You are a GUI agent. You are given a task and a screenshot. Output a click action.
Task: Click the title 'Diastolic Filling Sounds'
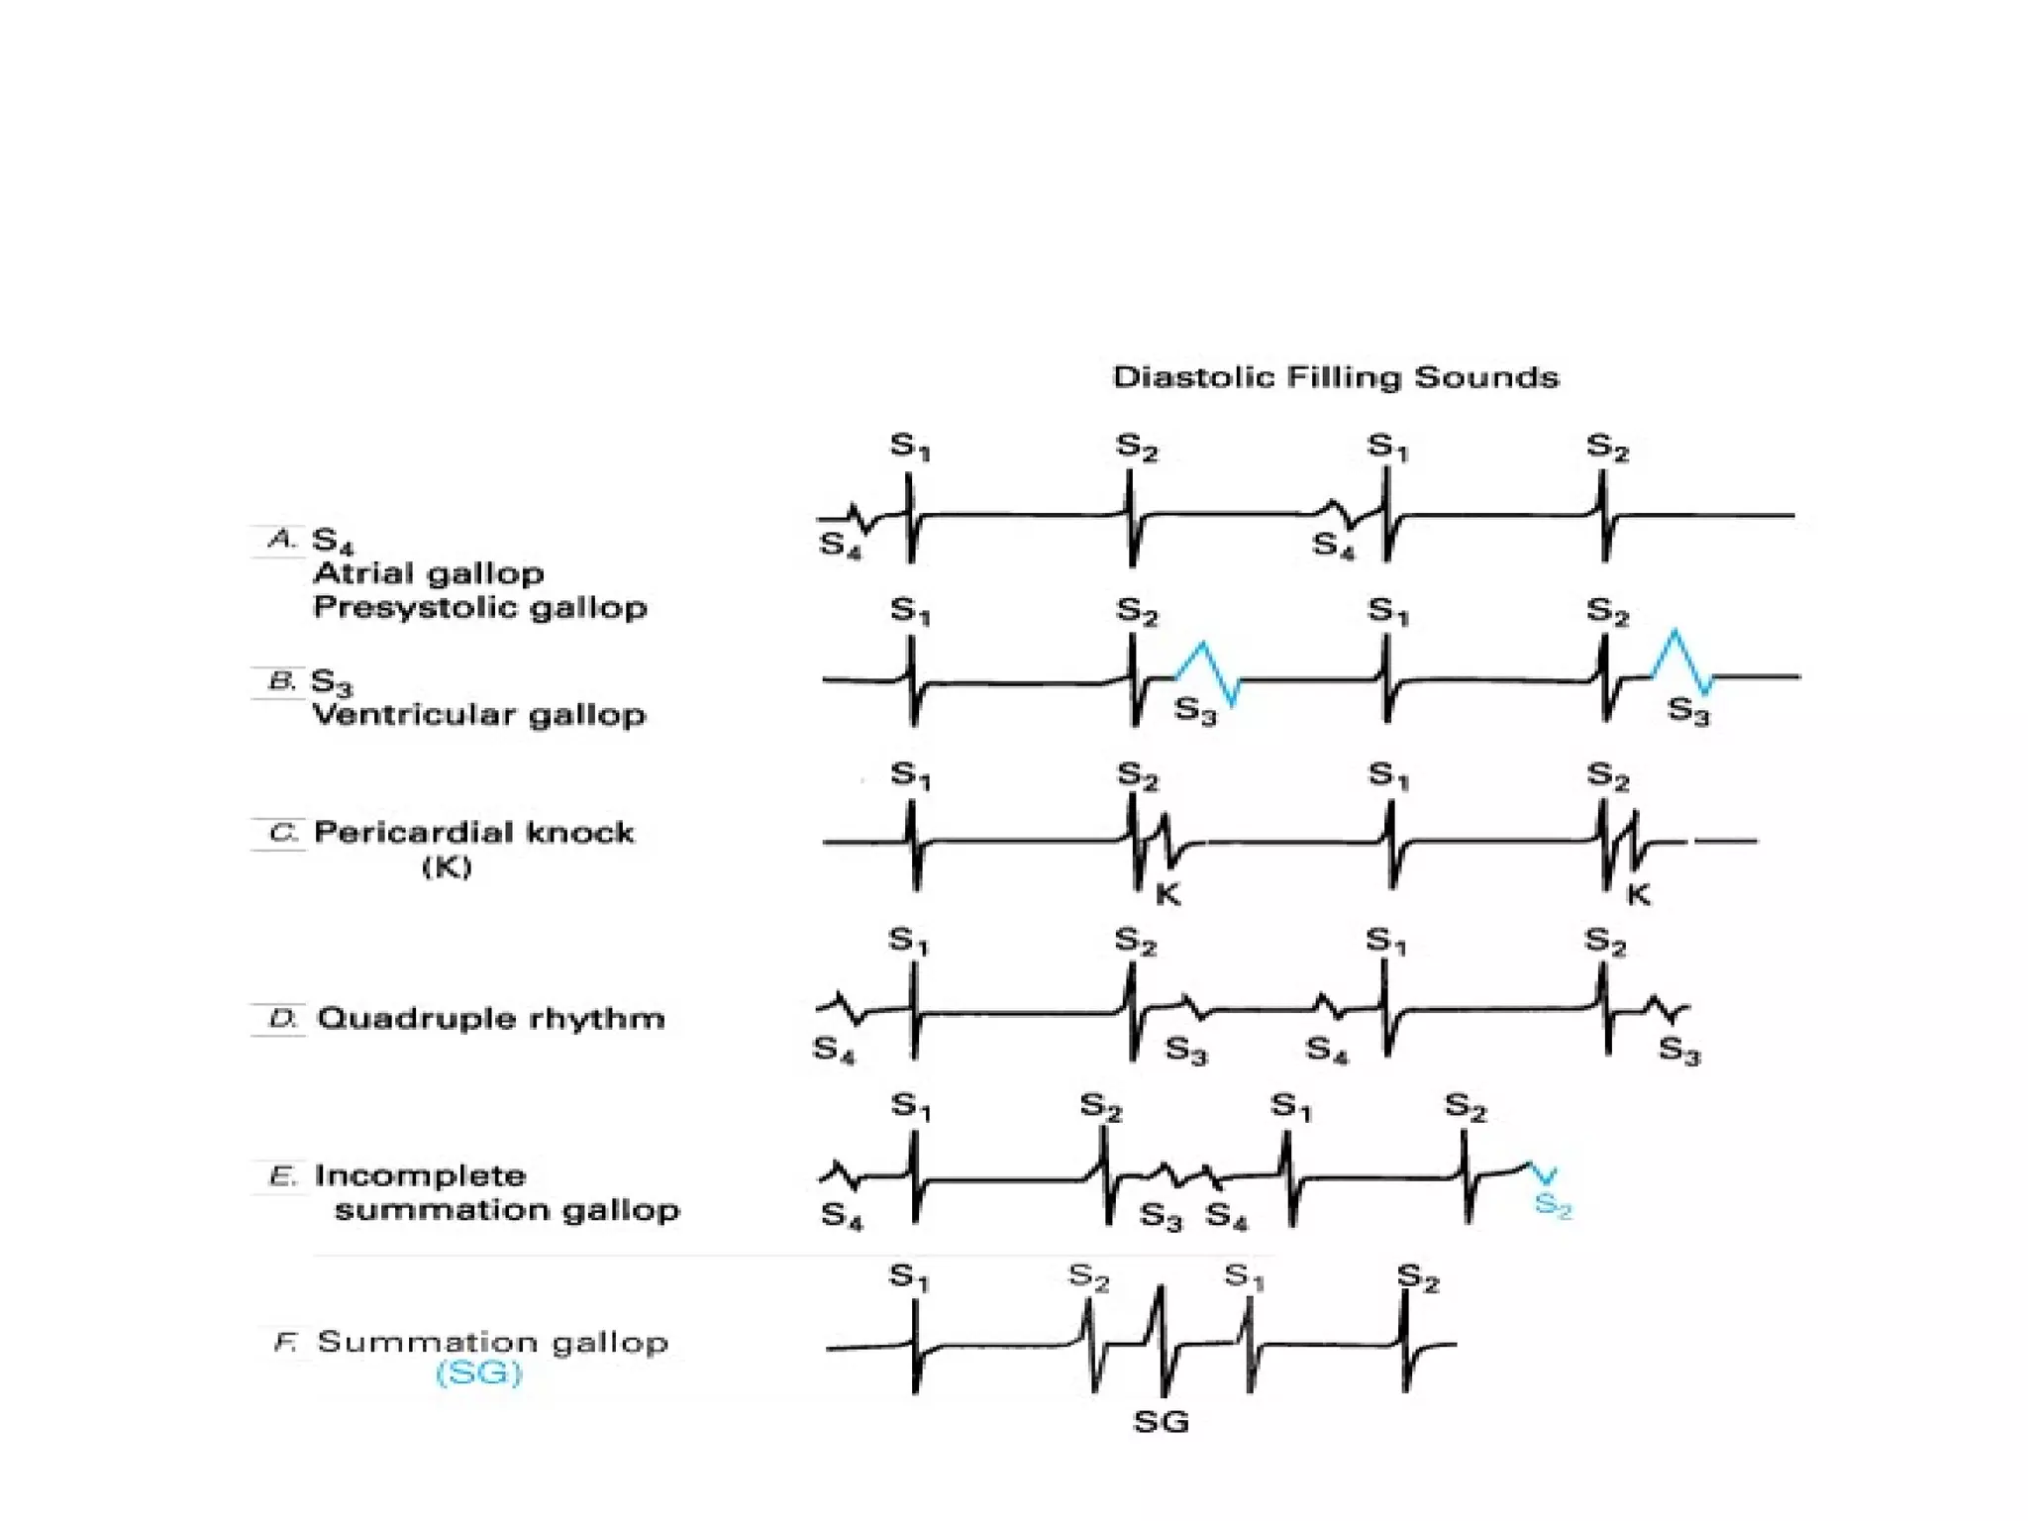tap(1335, 377)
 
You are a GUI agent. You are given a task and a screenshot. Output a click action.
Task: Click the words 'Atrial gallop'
tap(429, 573)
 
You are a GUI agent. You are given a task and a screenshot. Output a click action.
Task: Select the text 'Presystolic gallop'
tap(480, 607)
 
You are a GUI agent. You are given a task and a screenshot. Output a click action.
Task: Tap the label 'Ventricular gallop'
tap(479, 714)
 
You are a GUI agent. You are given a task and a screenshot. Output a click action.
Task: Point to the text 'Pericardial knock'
tap(474, 832)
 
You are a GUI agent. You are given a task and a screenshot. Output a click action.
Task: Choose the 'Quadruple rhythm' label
tap(491, 1018)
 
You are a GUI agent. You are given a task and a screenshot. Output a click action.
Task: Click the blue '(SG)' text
tap(478, 1373)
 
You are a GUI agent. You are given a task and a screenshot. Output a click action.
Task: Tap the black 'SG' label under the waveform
tap(1161, 1422)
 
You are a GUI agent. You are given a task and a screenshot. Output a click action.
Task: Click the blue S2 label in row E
tap(1552, 1205)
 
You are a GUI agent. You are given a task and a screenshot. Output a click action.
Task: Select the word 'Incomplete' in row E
tap(421, 1175)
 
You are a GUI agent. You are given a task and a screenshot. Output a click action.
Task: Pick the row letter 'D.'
tap(283, 1018)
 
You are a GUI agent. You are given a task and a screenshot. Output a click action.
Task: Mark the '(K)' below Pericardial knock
tap(447, 867)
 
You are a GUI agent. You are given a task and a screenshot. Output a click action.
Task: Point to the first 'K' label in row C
tap(1168, 895)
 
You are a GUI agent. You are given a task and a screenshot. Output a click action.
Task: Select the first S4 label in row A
tap(840, 546)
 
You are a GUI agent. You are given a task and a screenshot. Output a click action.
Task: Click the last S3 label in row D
tap(1679, 1050)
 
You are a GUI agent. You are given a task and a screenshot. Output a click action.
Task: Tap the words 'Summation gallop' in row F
tap(493, 1342)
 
